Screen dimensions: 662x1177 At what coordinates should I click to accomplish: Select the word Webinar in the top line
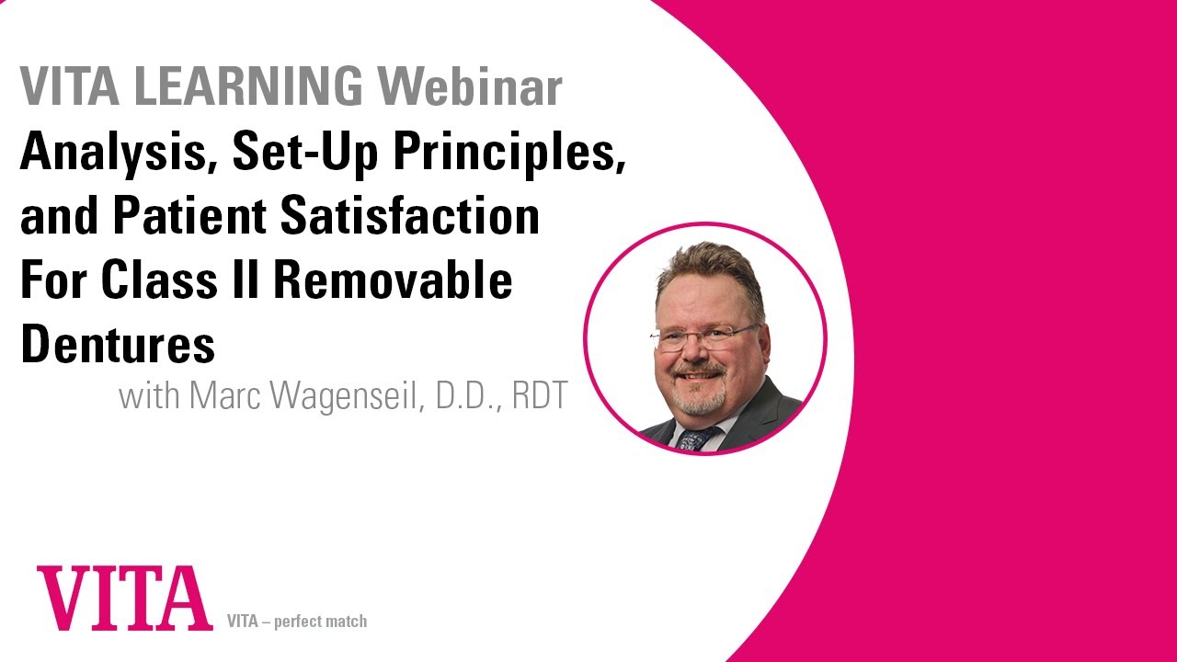pos(470,87)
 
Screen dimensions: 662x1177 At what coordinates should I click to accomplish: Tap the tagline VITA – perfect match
pos(296,622)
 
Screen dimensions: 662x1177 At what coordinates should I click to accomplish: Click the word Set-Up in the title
pos(304,153)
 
